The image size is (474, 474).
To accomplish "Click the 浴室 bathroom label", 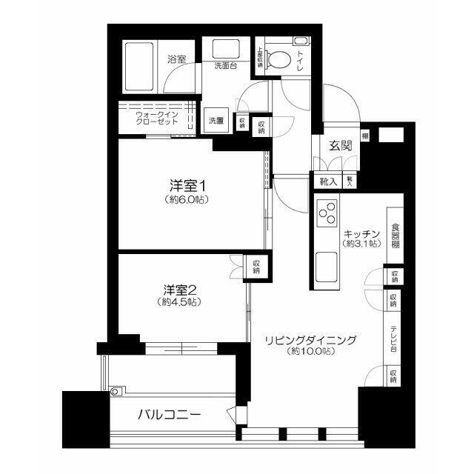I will [x=176, y=59].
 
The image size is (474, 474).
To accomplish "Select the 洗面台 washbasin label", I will [x=225, y=65].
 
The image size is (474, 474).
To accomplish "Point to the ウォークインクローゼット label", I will [x=156, y=118].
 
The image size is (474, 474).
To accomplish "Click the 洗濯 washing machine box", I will [x=216, y=121].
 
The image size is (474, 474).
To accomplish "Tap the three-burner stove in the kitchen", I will [x=327, y=214].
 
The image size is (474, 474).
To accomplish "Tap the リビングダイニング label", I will [x=311, y=340].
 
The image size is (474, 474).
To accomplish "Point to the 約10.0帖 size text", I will [x=311, y=353].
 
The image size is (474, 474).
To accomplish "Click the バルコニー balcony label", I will [x=169, y=415].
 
